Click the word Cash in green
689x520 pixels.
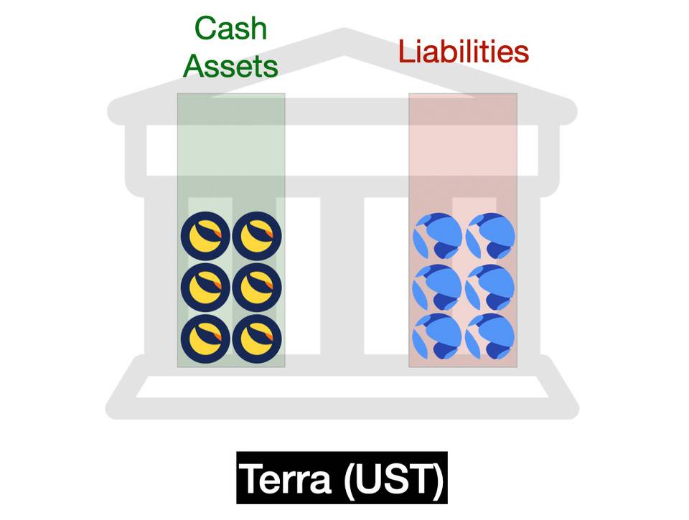(x=230, y=29)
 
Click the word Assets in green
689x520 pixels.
(x=230, y=66)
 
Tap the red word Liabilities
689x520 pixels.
(x=464, y=52)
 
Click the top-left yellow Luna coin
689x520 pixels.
(x=205, y=237)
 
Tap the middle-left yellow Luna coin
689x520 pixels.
(x=205, y=288)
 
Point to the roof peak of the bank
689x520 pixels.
(x=344, y=36)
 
